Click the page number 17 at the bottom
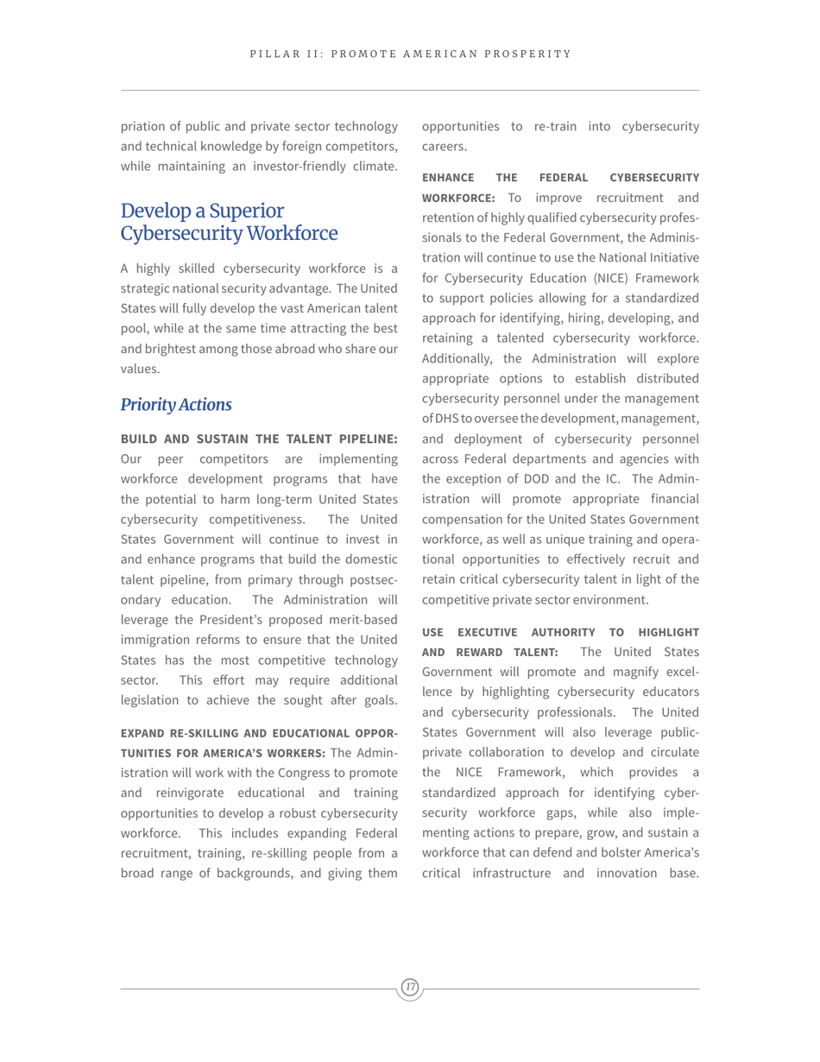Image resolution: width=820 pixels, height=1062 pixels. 410,987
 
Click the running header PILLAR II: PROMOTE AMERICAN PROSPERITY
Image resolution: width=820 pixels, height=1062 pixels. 410,54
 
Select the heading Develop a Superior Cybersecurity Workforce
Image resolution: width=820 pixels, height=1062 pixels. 229,222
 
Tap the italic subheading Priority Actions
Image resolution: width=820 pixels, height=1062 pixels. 176,405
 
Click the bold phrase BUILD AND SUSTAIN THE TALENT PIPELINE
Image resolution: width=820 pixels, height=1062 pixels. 258,439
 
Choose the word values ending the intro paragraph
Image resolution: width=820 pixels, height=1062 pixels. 139,369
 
